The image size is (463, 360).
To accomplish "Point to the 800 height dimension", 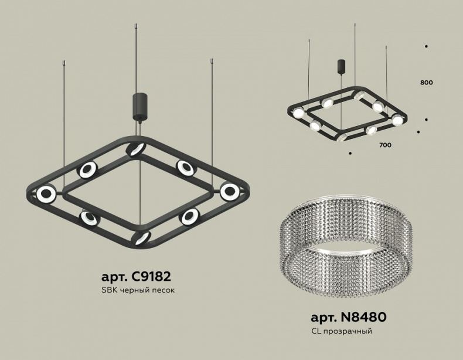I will click(426, 83).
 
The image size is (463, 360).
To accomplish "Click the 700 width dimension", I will click(385, 144).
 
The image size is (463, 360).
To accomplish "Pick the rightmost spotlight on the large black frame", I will click(230, 191).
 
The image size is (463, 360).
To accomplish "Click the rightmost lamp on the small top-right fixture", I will click(398, 120).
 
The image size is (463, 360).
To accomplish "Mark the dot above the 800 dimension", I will click(426, 46).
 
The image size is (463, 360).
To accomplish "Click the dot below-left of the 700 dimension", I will click(349, 154).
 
